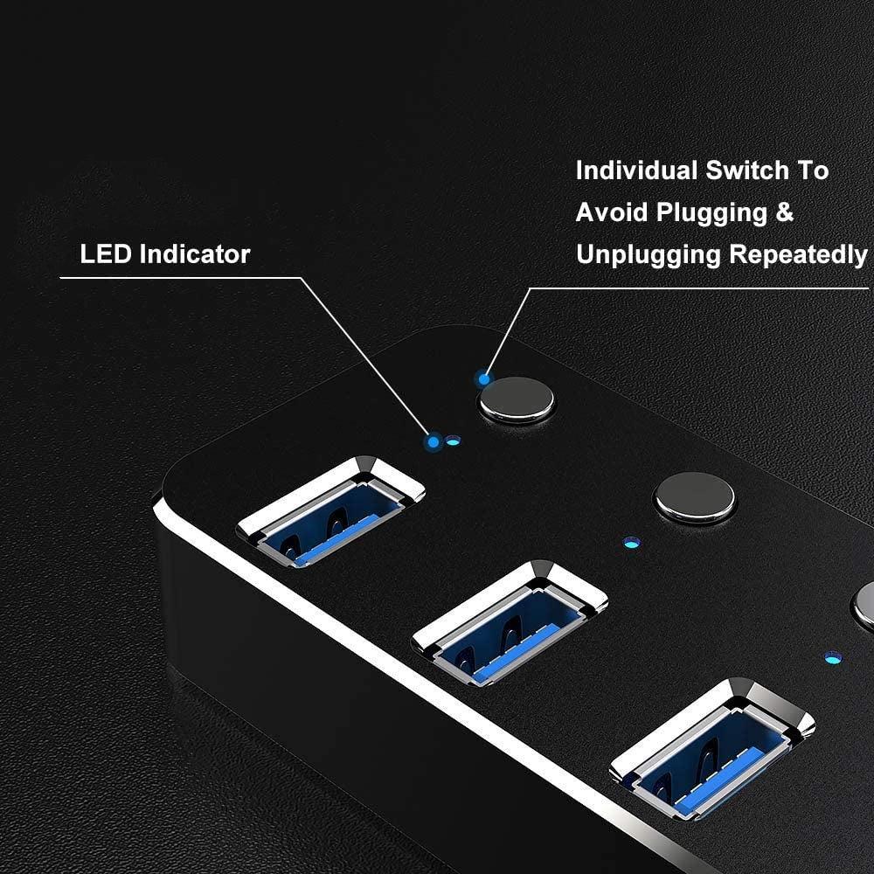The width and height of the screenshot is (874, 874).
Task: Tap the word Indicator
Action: point(195,254)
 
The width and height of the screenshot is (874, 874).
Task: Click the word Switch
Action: point(749,170)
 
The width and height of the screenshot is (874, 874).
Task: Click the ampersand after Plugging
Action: point(784,212)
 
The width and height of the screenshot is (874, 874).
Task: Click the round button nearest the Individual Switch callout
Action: point(517,399)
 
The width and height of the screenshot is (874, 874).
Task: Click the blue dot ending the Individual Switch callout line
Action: point(482,378)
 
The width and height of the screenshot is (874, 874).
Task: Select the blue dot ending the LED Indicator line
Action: point(433,442)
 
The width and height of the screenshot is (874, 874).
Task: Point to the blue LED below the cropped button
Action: point(831,655)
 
